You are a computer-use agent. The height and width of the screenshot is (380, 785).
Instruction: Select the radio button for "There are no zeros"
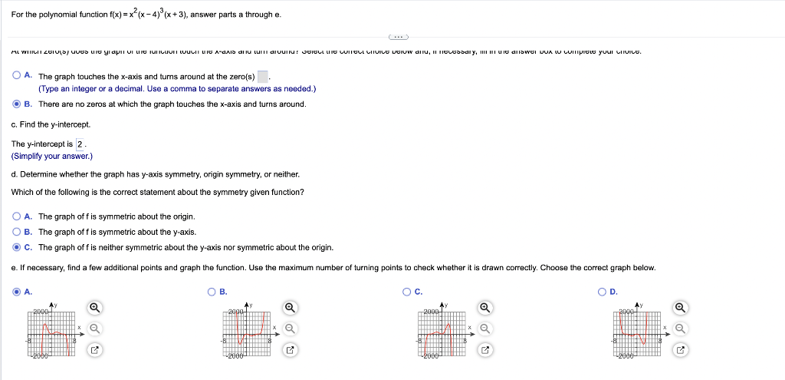click(17, 104)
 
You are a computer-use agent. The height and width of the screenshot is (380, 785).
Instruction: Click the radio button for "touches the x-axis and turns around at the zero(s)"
click(17, 76)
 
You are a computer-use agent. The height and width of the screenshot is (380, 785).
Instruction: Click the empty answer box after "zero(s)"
click(262, 77)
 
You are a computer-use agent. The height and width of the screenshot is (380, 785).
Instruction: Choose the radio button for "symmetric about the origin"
click(17, 216)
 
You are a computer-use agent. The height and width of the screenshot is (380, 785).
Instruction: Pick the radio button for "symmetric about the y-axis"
click(17, 232)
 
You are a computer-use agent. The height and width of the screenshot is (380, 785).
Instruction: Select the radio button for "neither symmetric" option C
click(17, 247)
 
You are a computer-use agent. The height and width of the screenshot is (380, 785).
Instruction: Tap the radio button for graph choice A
click(17, 292)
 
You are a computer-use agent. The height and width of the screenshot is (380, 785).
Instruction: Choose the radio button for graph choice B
click(212, 292)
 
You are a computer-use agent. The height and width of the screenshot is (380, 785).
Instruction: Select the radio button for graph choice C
click(407, 292)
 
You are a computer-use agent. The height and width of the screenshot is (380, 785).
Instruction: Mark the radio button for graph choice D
click(603, 292)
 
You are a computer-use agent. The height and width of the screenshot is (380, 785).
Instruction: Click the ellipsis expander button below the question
click(398, 36)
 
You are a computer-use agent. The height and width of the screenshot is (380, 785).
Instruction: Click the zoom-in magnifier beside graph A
click(94, 308)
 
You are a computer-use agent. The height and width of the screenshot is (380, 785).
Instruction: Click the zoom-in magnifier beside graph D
click(681, 308)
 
